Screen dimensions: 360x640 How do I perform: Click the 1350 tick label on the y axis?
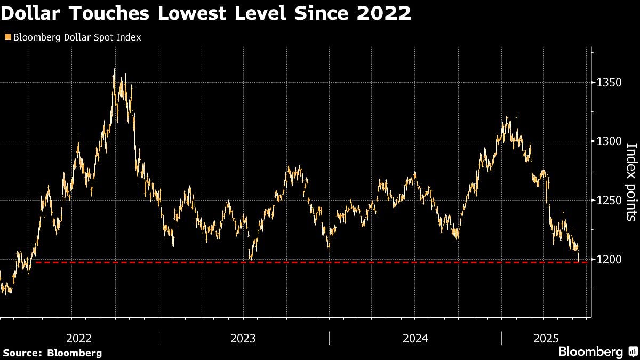coord(608,83)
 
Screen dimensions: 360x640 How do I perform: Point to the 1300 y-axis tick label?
coord(608,141)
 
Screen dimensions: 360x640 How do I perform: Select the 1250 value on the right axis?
coord(608,201)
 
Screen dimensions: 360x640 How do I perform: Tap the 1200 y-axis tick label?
coord(608,259)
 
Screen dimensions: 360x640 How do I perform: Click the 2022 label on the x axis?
coord(79,338)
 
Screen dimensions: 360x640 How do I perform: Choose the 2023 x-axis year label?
coord(243,338)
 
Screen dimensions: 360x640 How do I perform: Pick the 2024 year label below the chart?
coord(415,338)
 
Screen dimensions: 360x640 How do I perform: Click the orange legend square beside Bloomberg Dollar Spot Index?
coord(7,37)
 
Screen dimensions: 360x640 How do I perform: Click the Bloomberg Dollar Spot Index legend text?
coord(76,37)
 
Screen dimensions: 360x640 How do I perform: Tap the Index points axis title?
coord(630,182)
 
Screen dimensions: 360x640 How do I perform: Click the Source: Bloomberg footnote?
coord(52,353)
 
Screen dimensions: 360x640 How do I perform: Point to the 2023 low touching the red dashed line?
coord(250,261)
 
